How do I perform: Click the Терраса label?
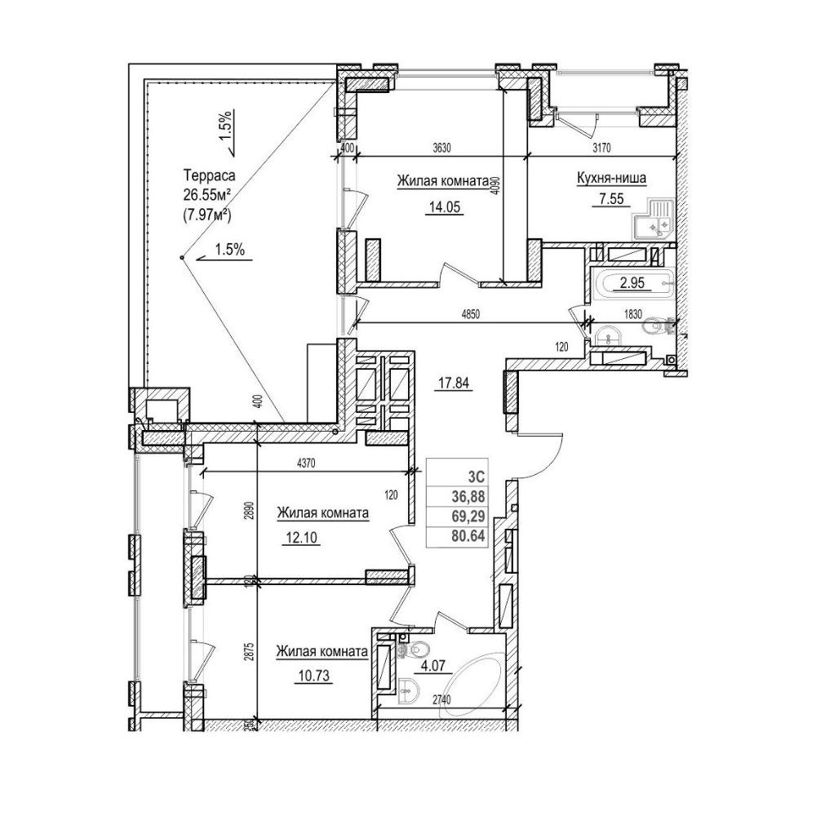[x=209, y=175]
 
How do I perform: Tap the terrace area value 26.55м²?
[x=207, y=195]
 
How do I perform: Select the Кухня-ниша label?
[x=611, y=179]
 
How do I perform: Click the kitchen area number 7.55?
[x=607, y=199]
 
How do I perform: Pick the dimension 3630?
[x=441, y=148]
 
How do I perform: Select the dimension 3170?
[x=601, y=148]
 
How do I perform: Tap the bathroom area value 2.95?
[x=632, y=283]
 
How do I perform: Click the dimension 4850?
[x=471, y=314]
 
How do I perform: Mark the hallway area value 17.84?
[x=455, y=384]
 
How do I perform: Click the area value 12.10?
[x=301, y=536]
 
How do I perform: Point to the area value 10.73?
[x=314, y=676]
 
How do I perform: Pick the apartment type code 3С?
[x=477, y=478]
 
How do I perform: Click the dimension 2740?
[x=441, y=700]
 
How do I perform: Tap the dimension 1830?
[x=633, y=314]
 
